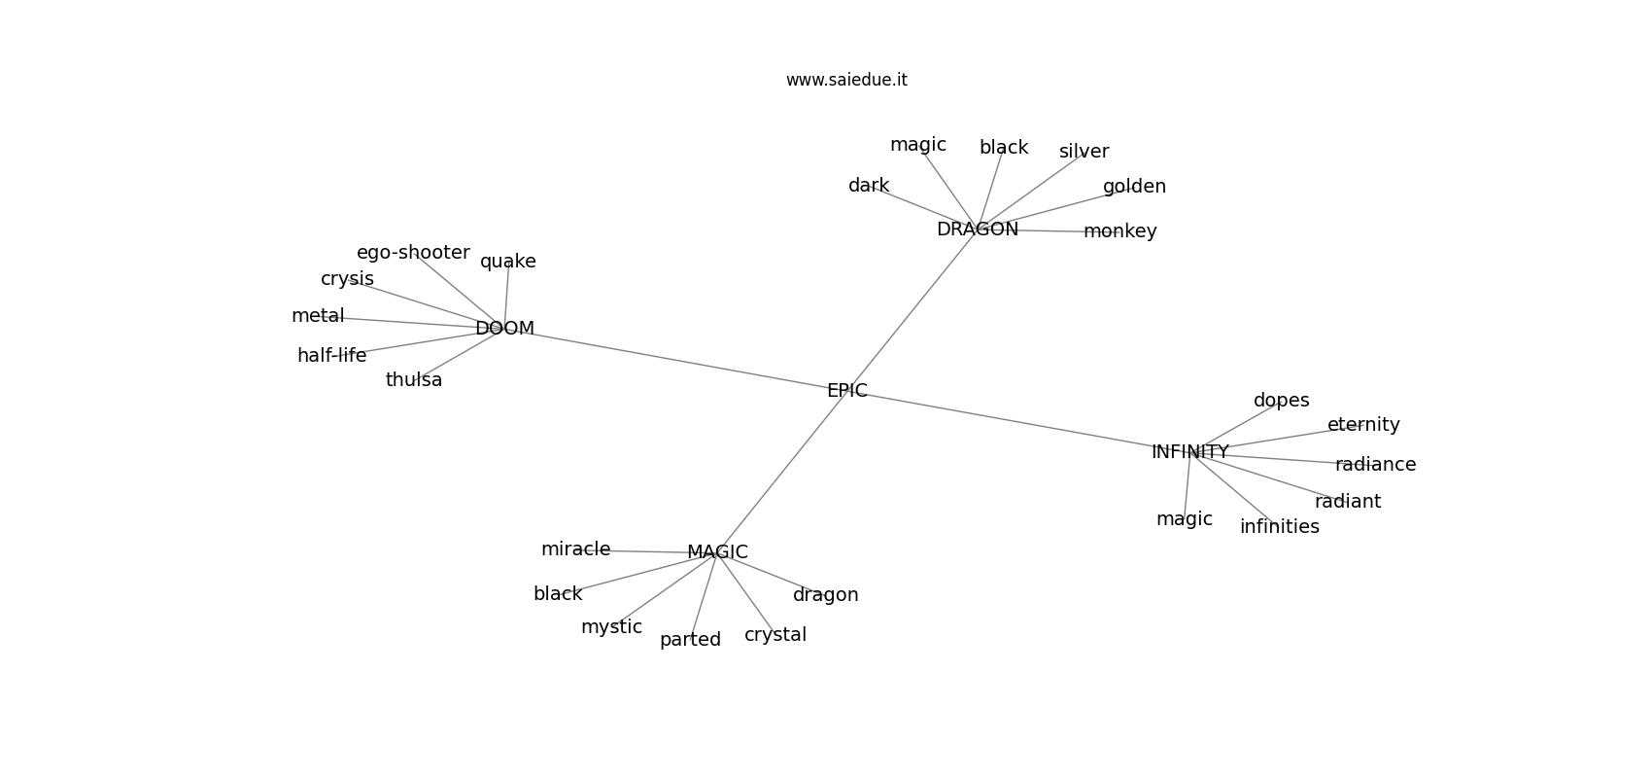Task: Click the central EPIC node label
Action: click(846, 391)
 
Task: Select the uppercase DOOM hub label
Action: click(504, 328)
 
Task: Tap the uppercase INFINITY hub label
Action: click(1189, 452)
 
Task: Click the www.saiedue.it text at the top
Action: click(846, 80)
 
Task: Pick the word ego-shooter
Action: click(413, 253)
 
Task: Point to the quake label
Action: click(508, 262)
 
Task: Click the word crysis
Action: click(347, 279)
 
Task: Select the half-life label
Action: click(332, 355)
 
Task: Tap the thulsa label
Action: click(414, 379)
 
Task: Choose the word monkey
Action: click(1120, 231)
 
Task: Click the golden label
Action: click(1134, 186)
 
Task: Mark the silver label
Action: click(1084, 152)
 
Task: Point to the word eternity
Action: click(1363, 424)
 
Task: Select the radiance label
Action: click(1375, 464)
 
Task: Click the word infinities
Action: click(1280, 526)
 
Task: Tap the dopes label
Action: click(1282, 400)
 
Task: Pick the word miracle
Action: click(576, 549)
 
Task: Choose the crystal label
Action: click(775, 635)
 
